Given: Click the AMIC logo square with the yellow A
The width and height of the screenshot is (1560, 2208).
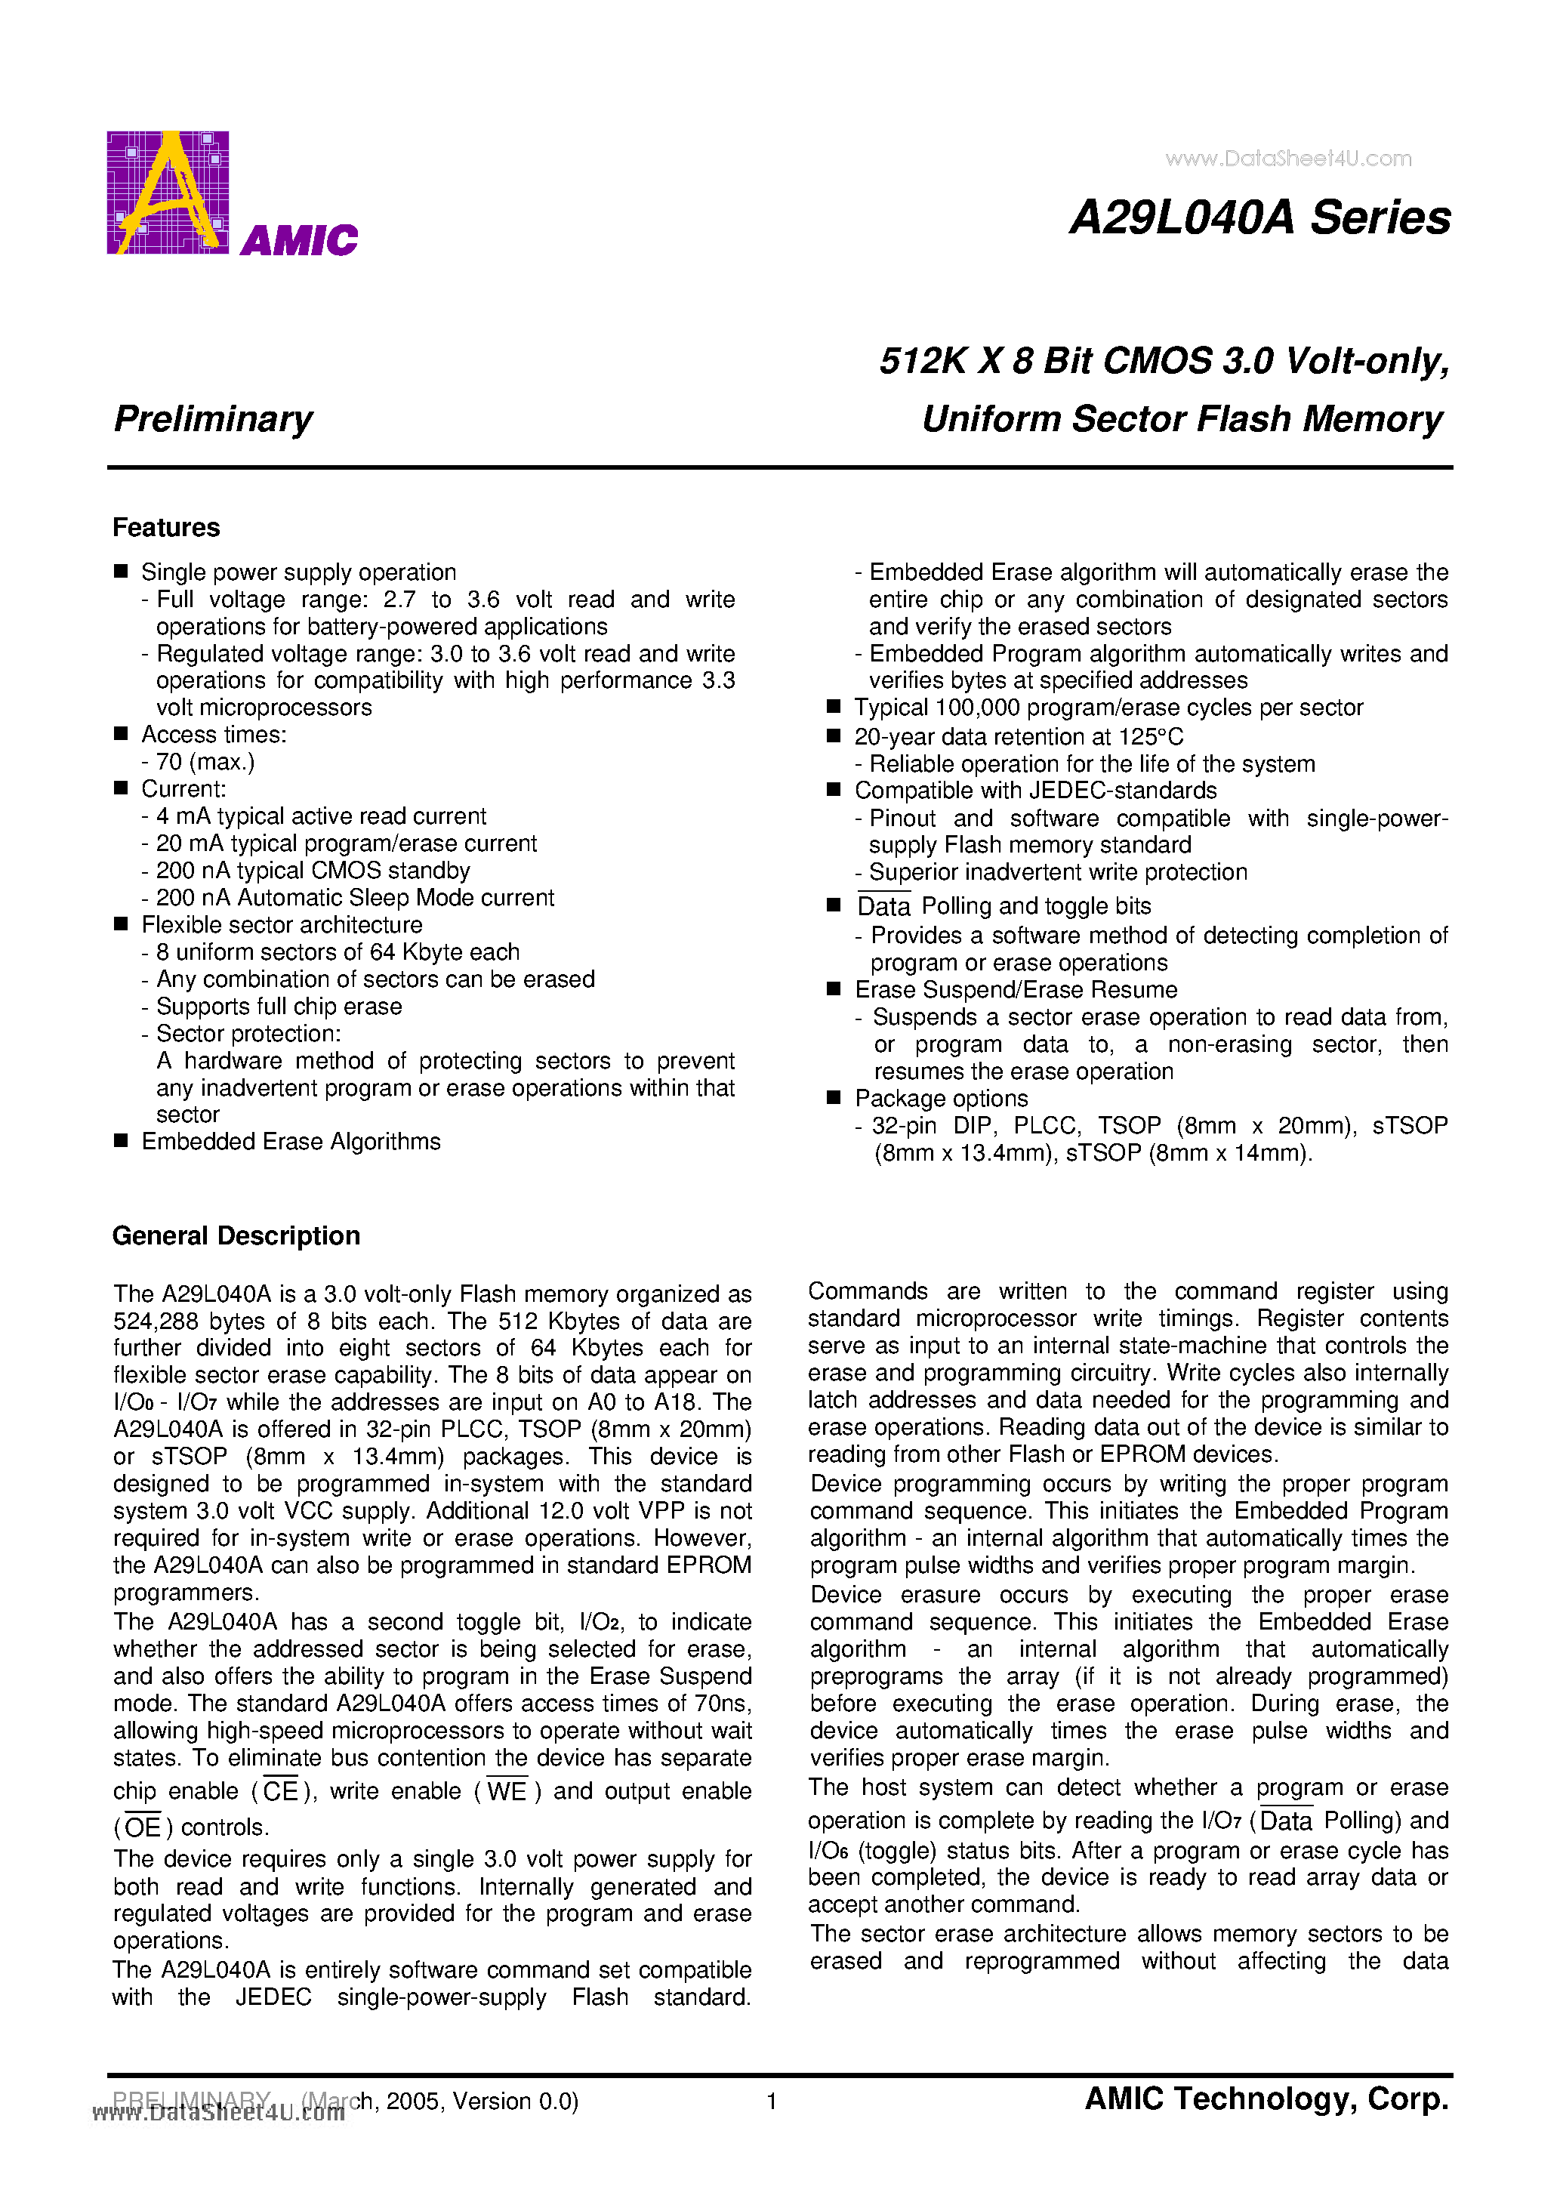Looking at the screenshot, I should (168, 193).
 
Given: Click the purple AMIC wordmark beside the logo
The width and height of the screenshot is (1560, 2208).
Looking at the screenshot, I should (299, 239).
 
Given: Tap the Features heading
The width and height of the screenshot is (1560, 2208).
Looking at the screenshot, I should (165, 527).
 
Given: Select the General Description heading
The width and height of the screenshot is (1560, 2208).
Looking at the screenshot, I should (236, 1235).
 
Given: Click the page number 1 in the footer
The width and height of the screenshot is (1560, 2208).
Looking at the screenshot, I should (772, 2102).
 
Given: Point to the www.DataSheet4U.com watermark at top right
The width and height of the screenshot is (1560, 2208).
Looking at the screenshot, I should (1288, 159).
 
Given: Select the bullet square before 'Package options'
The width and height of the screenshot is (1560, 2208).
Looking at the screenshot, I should (834, 1097).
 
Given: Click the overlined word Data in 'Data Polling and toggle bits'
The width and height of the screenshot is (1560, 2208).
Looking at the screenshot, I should (883, 907).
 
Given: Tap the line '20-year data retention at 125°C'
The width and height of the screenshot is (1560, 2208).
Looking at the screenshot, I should (1019, 737).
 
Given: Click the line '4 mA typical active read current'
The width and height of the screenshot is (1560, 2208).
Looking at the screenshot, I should (321, 816).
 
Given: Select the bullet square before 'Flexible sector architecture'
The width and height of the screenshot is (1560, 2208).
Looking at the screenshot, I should (121, 924).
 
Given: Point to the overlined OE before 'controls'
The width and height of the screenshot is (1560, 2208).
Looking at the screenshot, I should (143, 1827).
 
